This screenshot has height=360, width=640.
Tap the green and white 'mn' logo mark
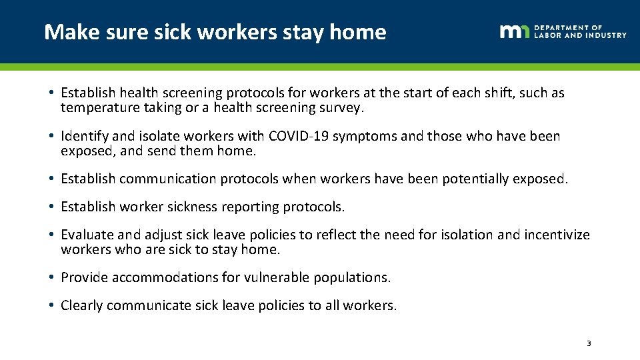coord(515,31)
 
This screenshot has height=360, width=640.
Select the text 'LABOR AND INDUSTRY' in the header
coord(580,35)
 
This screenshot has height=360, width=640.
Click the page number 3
coord(588,343)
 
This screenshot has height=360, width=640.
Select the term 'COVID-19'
coord(298,136)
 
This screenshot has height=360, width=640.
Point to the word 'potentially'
coord(471,179)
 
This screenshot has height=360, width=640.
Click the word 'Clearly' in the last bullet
coord(81,305)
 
